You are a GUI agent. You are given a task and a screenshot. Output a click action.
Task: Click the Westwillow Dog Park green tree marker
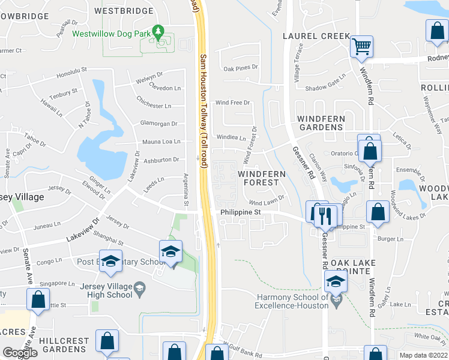[x=158, y=31]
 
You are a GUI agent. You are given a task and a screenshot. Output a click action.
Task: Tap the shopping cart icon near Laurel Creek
[x=361, y=46]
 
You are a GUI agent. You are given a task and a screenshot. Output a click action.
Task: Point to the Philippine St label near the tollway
[x=241, y=212]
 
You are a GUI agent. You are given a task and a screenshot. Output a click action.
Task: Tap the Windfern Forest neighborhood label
[x=262, y=178]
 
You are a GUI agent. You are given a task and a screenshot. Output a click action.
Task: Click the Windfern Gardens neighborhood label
[x=313, y=122]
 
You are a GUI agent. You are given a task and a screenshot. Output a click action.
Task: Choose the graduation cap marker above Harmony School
[x=336, y=281]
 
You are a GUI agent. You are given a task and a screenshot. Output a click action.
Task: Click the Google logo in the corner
[x=19, y=353]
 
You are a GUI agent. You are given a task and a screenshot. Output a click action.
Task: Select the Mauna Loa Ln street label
[x=161, y=142]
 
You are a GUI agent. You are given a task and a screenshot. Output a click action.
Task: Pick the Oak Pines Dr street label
[x=240, y=68]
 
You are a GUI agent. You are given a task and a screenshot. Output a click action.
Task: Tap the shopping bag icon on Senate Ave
[x=38, y=300]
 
